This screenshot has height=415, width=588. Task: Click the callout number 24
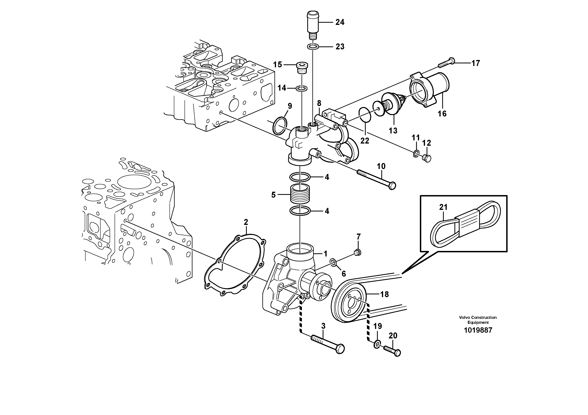pyautogui.click(x=340, y=22)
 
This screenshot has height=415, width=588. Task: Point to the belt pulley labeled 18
pyautogui.click(x=350, y=305)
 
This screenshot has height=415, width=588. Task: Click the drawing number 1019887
pyautogui.click(x=478, y=330)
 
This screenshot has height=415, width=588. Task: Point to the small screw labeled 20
pyautogui.click(x=392, y=350)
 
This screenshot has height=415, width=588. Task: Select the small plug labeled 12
pyautogui.click(x=426, y=158)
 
